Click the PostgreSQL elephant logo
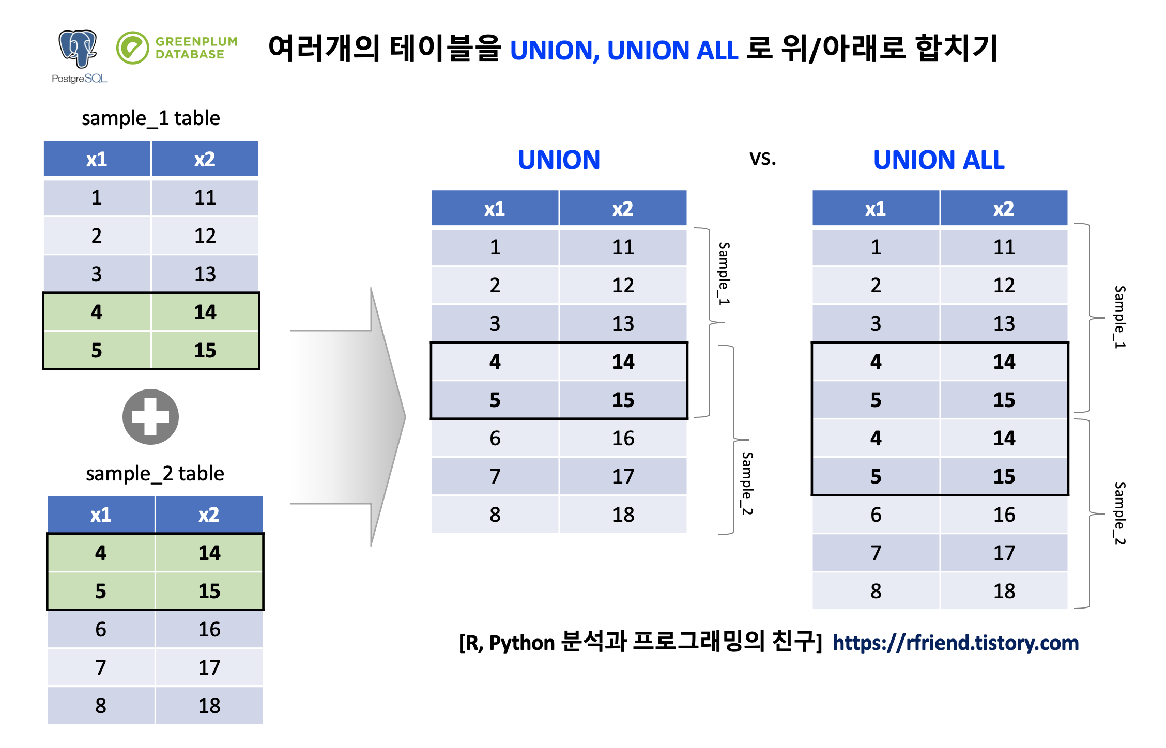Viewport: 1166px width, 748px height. point(78,49)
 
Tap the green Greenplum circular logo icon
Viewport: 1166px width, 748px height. point(132,48)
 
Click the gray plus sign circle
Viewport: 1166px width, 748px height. point(150,417)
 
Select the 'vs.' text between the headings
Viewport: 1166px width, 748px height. point(762,158)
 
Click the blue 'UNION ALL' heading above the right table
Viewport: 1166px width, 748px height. point(939,160)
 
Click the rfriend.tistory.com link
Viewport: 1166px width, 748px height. point(956,643)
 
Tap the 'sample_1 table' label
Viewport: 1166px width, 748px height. point(150,118)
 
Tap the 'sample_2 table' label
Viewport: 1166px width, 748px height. point(155,474)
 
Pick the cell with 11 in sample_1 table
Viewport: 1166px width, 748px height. point(205,197)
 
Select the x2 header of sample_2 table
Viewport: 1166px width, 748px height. point(209,515)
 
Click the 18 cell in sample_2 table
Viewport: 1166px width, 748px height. point(209,706)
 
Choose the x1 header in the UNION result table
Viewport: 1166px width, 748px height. point(495,209)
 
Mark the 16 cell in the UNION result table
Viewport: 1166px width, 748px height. point(623,439)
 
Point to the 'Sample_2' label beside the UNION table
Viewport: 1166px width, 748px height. point(747,483)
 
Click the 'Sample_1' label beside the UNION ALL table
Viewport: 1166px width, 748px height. point(1119,317)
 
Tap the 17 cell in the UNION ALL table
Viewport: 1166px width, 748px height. point(1004,553)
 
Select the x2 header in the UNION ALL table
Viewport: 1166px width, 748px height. point(1004,209)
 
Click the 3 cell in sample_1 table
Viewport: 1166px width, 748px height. point(97,274)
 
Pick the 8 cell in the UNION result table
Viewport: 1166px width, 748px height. point(495,515)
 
